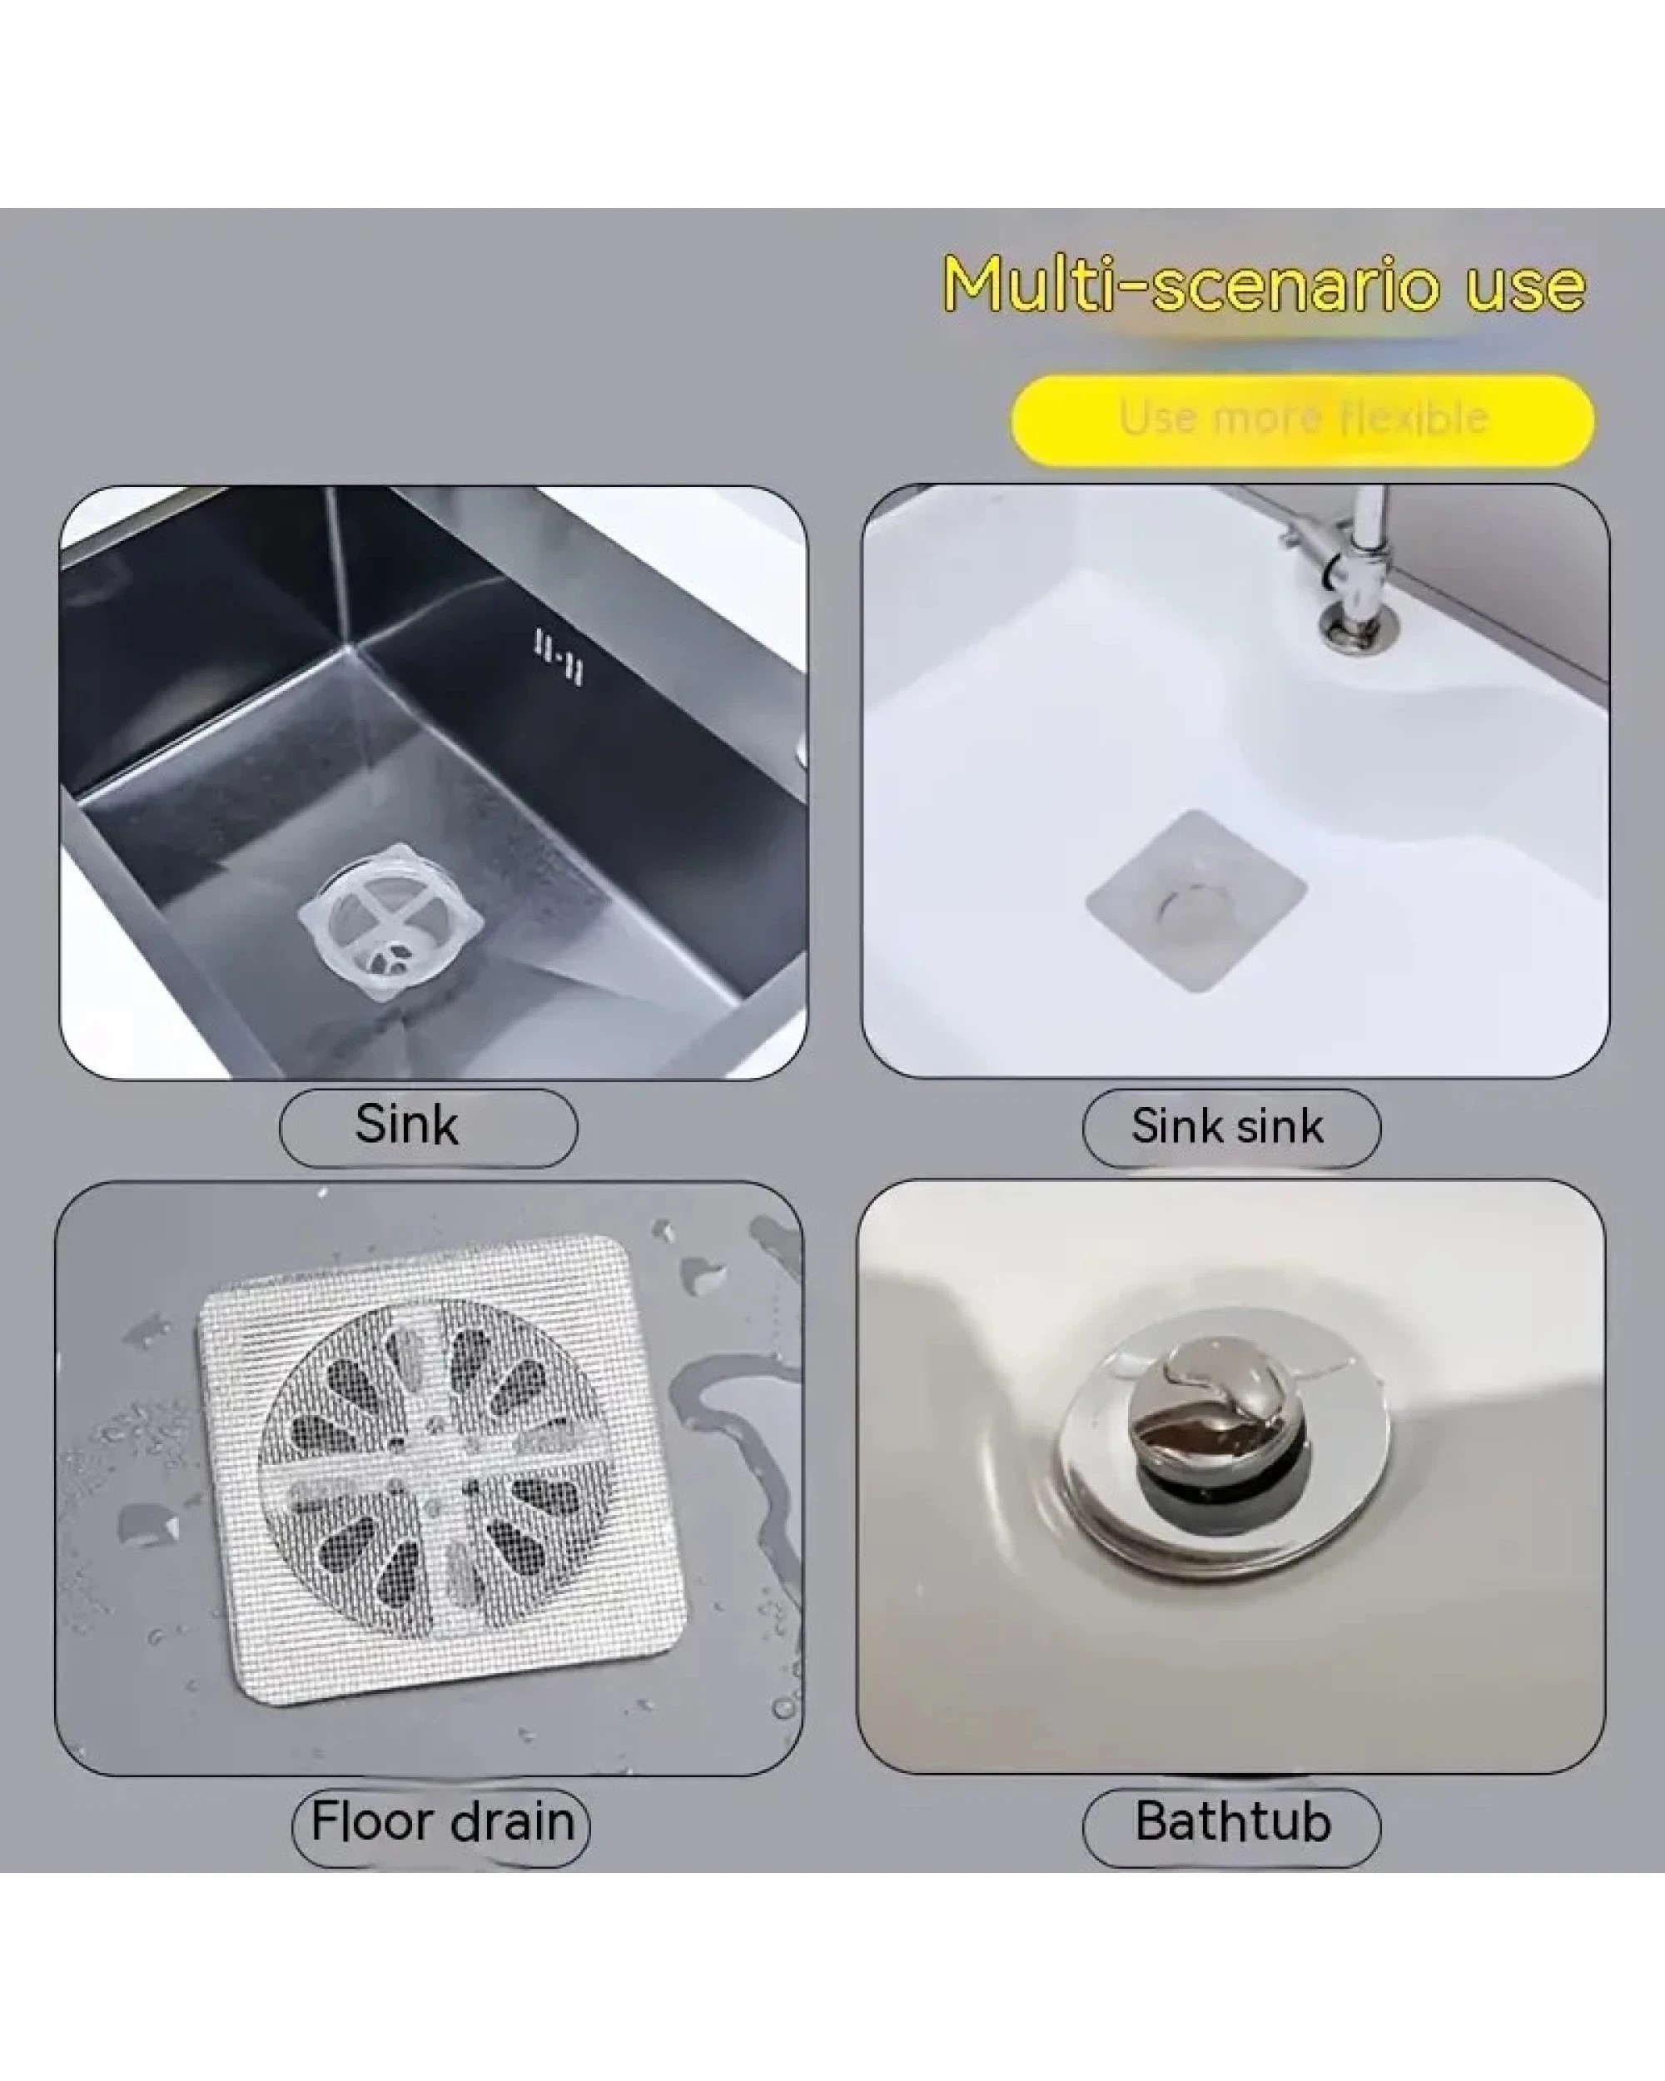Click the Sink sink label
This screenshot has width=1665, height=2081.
[x=1230, y=1127]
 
